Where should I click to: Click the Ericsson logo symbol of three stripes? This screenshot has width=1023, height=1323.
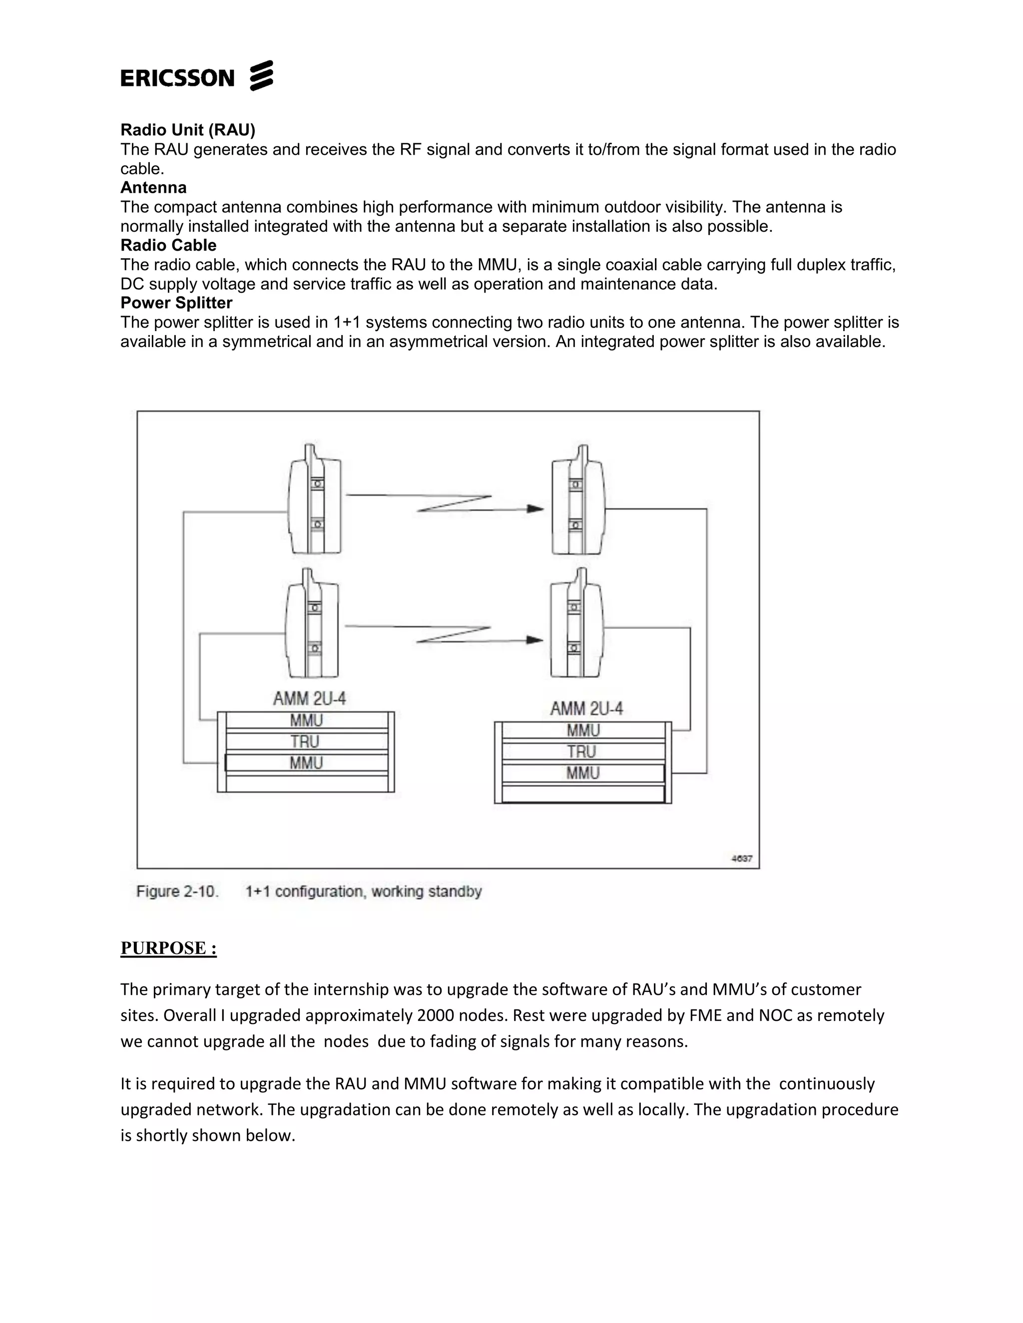[261, 76]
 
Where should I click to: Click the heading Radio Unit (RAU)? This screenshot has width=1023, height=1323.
[188, 130]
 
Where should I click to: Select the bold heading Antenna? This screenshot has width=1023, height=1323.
[153, 187]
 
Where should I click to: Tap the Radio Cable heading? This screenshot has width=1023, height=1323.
[168, 245]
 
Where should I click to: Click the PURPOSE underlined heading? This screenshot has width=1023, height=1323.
[168, 948]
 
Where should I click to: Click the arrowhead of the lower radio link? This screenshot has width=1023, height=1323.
[534, 640]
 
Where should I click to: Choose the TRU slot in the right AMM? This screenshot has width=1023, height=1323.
[582, 752]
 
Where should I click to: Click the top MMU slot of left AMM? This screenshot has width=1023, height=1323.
[306, 720]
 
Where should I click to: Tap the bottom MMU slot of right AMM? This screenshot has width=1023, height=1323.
[582, 773]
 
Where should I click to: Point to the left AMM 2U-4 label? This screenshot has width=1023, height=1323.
[309, 698]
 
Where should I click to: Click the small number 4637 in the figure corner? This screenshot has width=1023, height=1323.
[742, 858]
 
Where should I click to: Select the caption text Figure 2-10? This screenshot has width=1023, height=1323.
[177, 892]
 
